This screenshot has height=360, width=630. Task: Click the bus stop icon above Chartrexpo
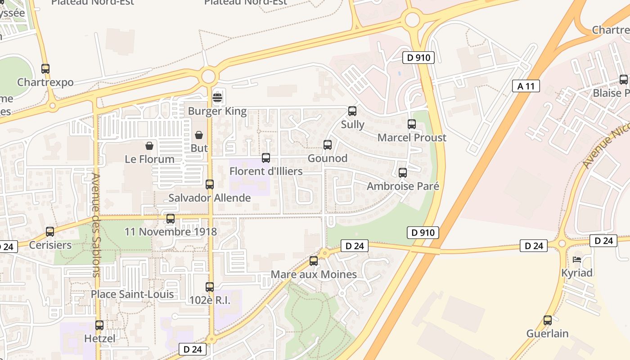[x=45, y=69]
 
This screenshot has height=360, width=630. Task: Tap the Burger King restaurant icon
[x=217, y=97]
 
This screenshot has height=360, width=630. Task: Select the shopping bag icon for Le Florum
[x=149, y=146]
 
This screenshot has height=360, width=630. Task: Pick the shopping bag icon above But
[x=199, y=135]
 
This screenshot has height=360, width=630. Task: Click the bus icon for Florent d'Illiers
[x=266, y=158]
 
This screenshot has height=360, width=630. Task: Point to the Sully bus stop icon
[x=352, y=111]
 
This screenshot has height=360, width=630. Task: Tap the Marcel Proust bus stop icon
[x=412, y=124]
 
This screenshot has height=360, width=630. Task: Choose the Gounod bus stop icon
[x=328, y=145]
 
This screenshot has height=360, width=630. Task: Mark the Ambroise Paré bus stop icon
[x=403, y=173]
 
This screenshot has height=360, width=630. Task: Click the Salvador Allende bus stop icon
[x=210, y=184]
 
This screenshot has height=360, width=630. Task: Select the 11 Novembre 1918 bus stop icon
[x=171, y=219]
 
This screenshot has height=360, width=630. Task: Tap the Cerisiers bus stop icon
[x=50, y=232]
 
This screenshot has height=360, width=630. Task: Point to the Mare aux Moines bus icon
[x=314, y=261]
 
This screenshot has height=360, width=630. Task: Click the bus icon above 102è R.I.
[x=210, y=287]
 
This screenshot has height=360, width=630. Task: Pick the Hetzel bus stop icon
[x=99, y=325]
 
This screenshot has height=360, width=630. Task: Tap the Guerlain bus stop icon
[x=548, y=320]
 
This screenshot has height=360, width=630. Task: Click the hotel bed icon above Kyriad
[x=577, y=260]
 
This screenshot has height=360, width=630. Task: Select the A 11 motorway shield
[x=526, y=86]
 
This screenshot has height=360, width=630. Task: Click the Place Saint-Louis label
[x=132, y=294]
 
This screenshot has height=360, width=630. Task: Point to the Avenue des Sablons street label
[x=95, y=225]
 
